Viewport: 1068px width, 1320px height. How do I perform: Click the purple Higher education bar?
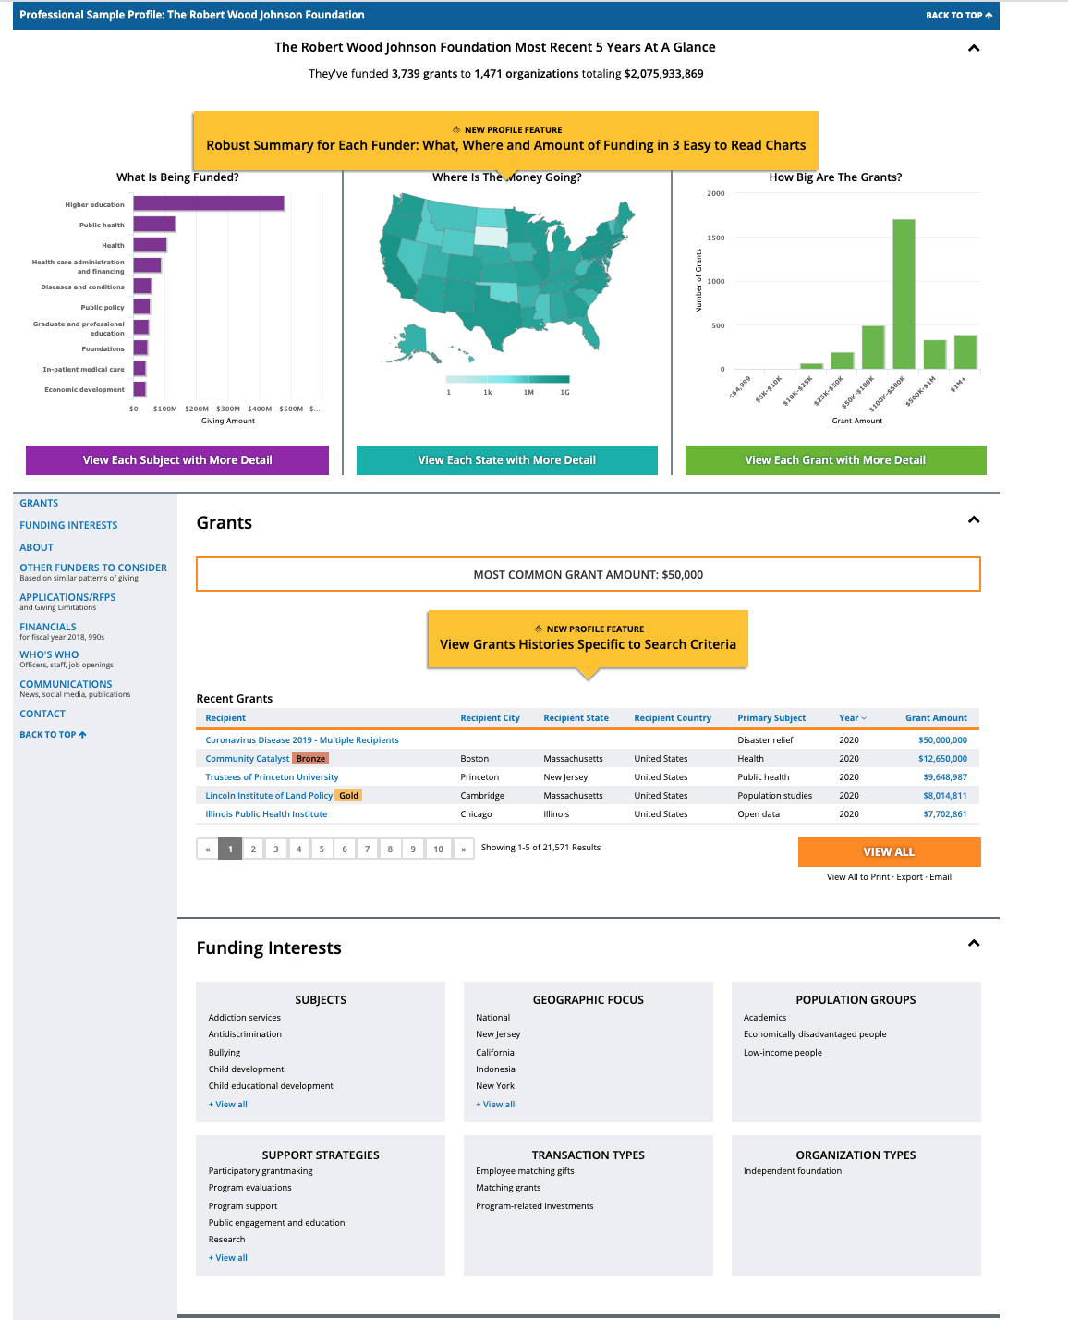pyautogui.click(x=209, y=203)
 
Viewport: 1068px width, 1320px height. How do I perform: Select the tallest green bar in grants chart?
pyautogui.click(x=903, y=294)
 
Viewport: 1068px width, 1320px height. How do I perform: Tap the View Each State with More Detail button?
pyautogui.click(x=506, y=460)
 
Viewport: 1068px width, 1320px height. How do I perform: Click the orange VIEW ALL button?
pyautogui.click(x=889, y=851)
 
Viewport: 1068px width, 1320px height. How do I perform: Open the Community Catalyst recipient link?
pyautogui.click(x=247, y=759)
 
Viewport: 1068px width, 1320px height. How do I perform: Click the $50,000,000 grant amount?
pyautogui.click(x=942, y=740)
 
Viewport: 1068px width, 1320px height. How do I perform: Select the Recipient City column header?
pyautogui.click(x=490, y=718)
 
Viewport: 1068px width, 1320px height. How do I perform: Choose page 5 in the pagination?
pyautogui.click(x=322, y=849)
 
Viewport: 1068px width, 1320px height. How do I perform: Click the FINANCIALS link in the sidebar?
pyautogui.click(x=48, y=627)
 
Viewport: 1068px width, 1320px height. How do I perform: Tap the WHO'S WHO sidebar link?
pyautogui.click(x=49, y=654)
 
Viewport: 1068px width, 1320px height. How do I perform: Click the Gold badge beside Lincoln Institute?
pyautogui.click(x=348, y=796)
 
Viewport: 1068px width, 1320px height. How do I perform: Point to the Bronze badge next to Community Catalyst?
pyautogui.click(x=310, y=759)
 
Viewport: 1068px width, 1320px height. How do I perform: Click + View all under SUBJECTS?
pyautogui.click(x=228, y=1105)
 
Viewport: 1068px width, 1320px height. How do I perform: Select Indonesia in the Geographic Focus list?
pyautogui.click(x=495, y=1069)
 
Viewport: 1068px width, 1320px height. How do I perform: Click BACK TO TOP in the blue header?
pyautogui.click(x=958, y=16)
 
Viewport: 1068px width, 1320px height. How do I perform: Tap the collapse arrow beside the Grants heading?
pyautogui.click(x=973, y=520)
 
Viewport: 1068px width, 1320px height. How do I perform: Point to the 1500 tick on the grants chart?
pyautogui.click(x=716, y=238)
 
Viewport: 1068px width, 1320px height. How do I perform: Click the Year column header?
pyautogui.click(x=852, y=718)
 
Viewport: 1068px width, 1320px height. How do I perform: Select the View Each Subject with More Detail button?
pyautogui.click(x=177, y=460)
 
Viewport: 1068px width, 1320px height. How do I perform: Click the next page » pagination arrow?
pyautogui.click(x=463, y=849)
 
